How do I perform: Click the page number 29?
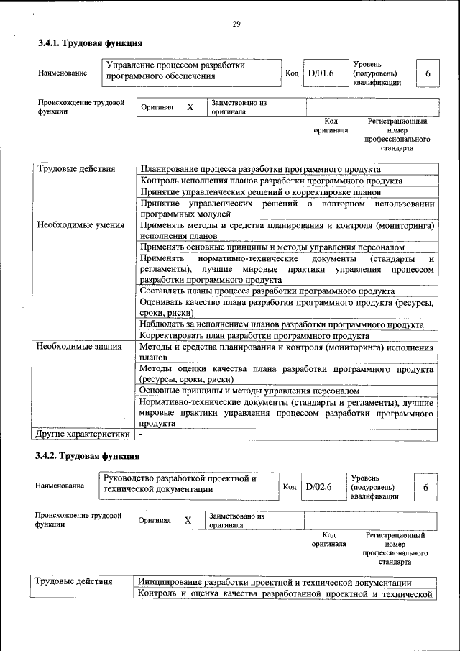pos(236,25)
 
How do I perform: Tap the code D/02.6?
pos(318,487)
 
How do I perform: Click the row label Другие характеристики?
pos(83,434)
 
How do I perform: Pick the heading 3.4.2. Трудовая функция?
pos(87,456)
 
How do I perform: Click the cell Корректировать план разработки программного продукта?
pos(255,336)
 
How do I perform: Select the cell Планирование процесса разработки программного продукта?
pos(260,169)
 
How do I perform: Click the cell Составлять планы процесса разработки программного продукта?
pos(267,291)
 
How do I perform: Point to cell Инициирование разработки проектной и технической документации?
pos(275,583)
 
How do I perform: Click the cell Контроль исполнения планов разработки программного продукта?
pos(272,181)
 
